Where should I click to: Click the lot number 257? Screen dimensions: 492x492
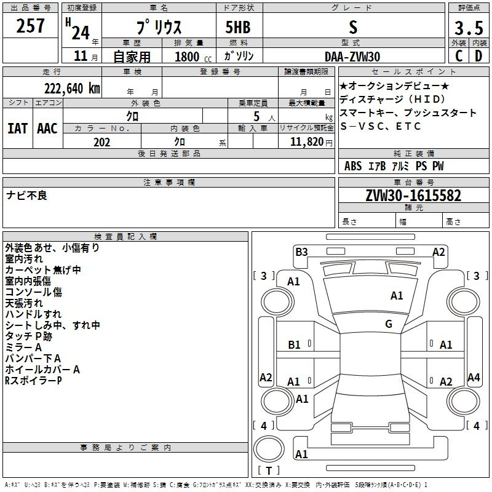pos(30,26)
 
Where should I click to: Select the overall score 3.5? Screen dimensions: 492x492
pos(469,28)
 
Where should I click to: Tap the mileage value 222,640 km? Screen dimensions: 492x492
pos(72,88)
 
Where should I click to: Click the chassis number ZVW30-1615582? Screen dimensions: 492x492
pos(413,196)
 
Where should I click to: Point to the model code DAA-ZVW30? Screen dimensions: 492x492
pos(352,57)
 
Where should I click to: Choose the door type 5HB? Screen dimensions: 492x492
pos(238,27)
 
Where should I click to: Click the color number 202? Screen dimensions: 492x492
pos(101,142)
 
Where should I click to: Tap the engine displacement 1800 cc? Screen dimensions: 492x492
pos(193,57)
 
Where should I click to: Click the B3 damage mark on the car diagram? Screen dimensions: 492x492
pos(301,252)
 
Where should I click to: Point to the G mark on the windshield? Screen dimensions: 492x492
pos(389,323)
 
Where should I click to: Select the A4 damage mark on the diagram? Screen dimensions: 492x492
pos(474,377)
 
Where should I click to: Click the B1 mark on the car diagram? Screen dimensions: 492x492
pos(294,345)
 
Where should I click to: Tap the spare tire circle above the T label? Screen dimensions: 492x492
pos(269,448)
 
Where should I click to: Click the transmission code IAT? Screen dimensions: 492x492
pos(17,129)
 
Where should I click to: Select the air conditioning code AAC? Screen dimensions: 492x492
pos(47,129)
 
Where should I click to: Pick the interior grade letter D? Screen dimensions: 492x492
pos(478,56)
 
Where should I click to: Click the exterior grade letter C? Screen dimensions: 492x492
pos(459,56)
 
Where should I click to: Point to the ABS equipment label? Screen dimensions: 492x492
pos(353,165)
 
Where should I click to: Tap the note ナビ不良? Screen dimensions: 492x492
pos(26,196)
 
